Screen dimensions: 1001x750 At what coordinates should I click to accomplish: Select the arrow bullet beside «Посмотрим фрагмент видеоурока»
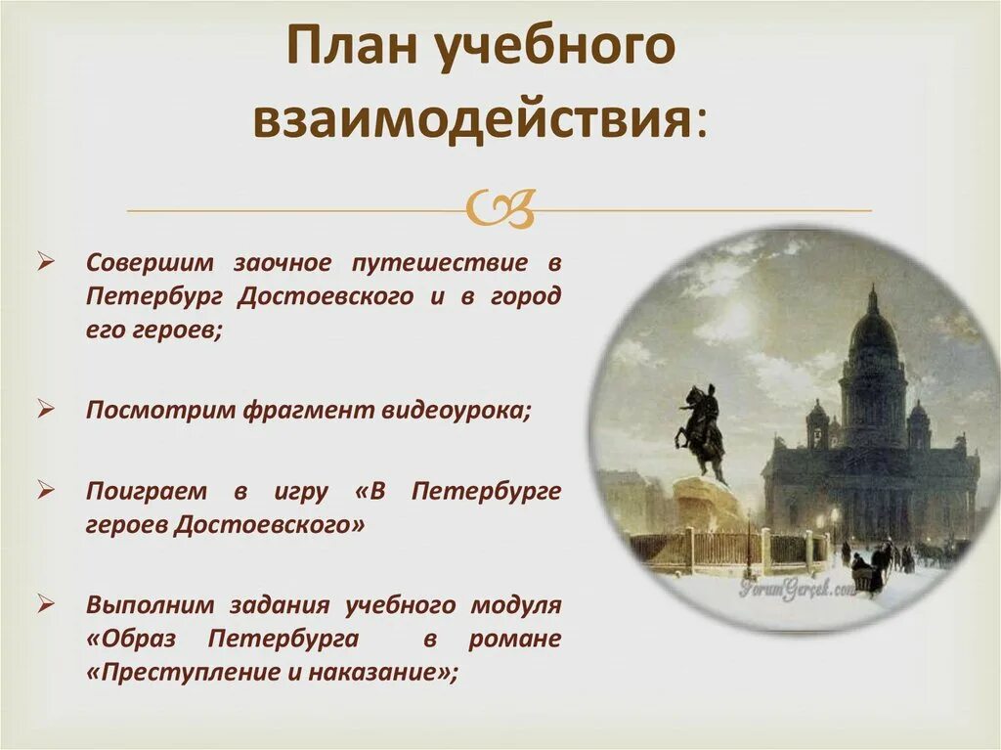(x=45, y=409)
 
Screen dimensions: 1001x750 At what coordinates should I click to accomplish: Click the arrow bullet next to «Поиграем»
(x=45, y=490)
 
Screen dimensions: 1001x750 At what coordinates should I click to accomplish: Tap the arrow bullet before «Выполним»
(x=45, y=603)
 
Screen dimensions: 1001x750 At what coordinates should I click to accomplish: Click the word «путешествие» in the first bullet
(x=441, y=263)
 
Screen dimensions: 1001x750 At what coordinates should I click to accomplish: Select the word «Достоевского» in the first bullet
(x=325, y=297)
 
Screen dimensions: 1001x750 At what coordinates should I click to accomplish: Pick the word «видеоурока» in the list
(x=456, y=410)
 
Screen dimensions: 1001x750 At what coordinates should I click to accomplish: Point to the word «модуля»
(x=516, y=605)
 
